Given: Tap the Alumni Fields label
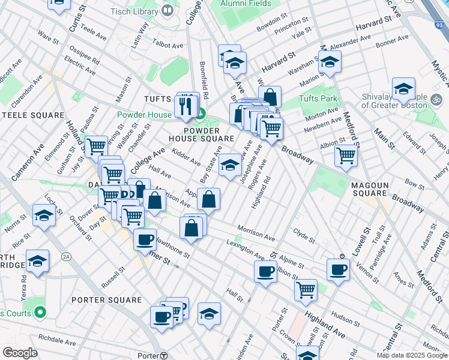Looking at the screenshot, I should pyautogui.click(x=246, y=4).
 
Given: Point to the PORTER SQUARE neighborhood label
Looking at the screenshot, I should pyautogui.click(x=106, y=300).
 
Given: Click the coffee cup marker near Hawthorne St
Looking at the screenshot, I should pyautogui.click(x=145, y=239).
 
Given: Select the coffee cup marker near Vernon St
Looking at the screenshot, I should pyautogui.click(x=339, y=269).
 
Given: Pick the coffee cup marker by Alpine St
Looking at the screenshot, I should pyautogui.click(x=265, y=271).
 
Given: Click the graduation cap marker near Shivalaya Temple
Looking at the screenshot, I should pyautogui.click(x=403, y=89).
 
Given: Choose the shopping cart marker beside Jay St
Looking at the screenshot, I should pyautogui.click(x=95, y=146).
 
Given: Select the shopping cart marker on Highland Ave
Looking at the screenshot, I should pyautogui.click(x=306, y=290).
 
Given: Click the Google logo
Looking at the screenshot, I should pyautogui.click(x=20, y=353).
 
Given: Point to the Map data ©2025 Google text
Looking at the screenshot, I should pyautogui.click(x=411, y=355).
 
